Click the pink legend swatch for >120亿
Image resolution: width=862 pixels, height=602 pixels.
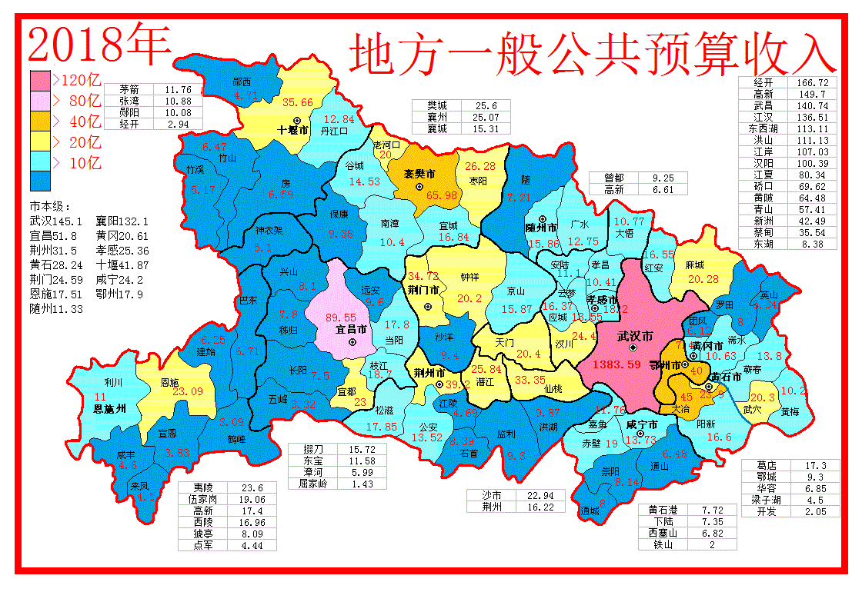[x=40, y=80]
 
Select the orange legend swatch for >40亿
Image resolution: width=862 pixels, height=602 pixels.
[x=40, y=121]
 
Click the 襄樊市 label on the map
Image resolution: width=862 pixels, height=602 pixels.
[x=419, y=174]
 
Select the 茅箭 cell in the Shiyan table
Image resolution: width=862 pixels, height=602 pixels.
[x=129, y=90]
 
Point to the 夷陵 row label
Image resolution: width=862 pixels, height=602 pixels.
[x=203, y=487]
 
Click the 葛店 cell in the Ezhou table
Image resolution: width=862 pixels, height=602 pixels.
[x=767, y=465]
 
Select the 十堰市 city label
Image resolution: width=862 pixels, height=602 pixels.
[x=292, y=131]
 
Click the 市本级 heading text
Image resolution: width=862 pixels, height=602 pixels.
[x=50, y=207]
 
